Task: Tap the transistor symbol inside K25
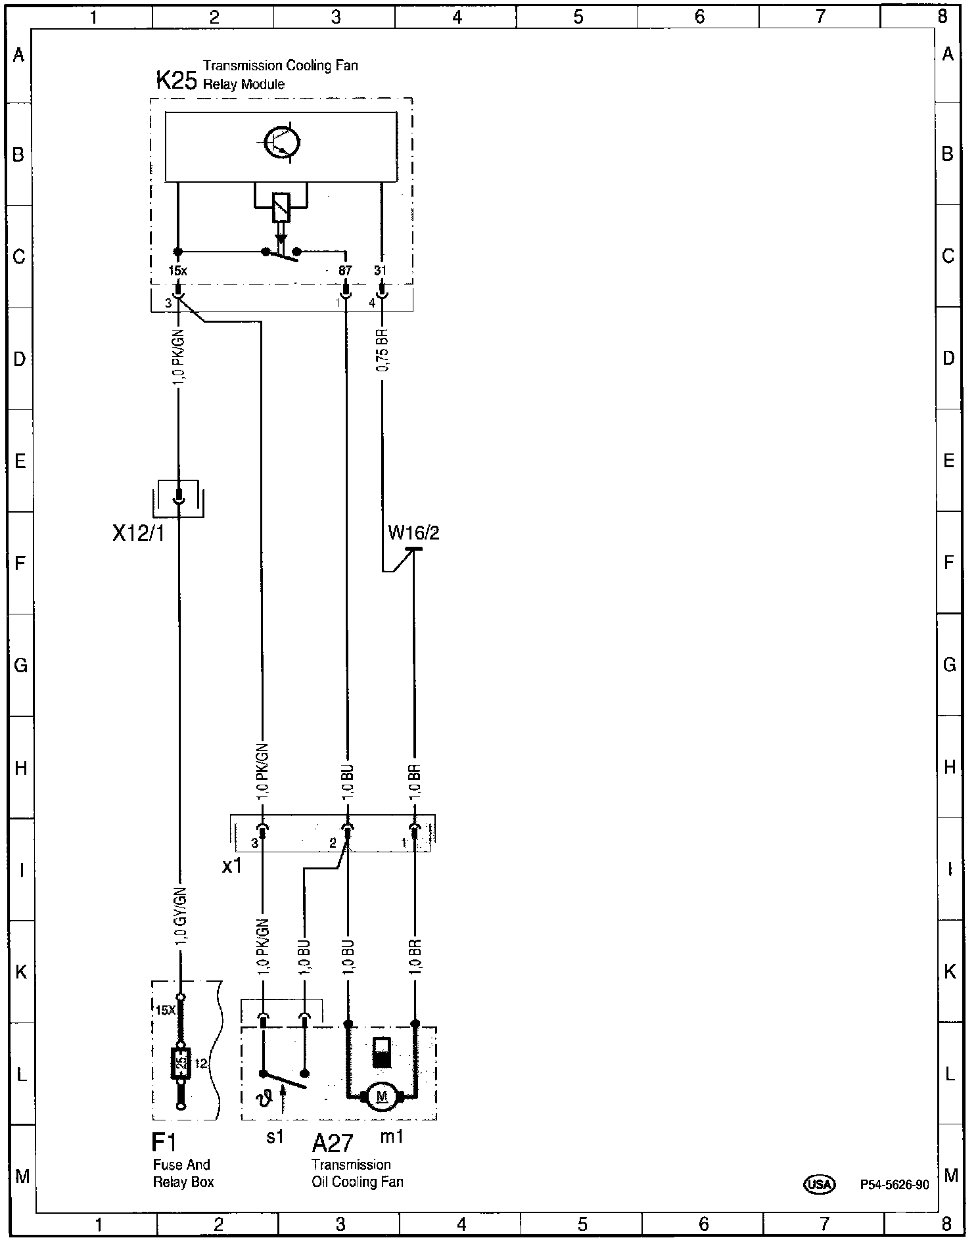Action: (x=281, y=143)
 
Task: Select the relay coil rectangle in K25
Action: (x=281, y=206)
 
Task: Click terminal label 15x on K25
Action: (x=177, y=270)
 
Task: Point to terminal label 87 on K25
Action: (x=345, y=270)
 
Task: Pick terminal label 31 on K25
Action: (x=381, y=270)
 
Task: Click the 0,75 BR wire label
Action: (x=383, y=350)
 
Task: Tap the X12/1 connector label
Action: (x=138, y=534)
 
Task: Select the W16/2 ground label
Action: (x=413, y=532)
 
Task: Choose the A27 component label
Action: (x=333, y=1143)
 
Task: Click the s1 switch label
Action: (x=275, y=1136)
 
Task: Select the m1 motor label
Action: (x=392, y=1136)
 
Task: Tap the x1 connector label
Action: (x=232, y=866)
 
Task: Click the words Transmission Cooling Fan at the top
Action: (x=281, y=66)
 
